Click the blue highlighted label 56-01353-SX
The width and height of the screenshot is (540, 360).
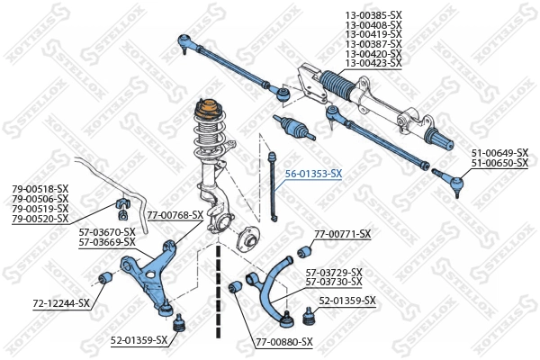[313, 173]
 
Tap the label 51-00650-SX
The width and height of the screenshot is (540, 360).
[499, 163]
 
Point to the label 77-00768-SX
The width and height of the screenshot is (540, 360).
[175, 214]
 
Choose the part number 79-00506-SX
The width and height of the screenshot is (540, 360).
[40, 199]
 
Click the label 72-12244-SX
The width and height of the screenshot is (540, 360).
[61, 303]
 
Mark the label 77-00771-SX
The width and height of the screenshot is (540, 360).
[342, 234]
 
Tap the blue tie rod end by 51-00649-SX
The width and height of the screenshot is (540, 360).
[453, 180]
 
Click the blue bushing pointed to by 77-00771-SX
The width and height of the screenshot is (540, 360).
[303, 250]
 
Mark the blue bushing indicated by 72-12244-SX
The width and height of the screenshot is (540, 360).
[104, 274]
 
